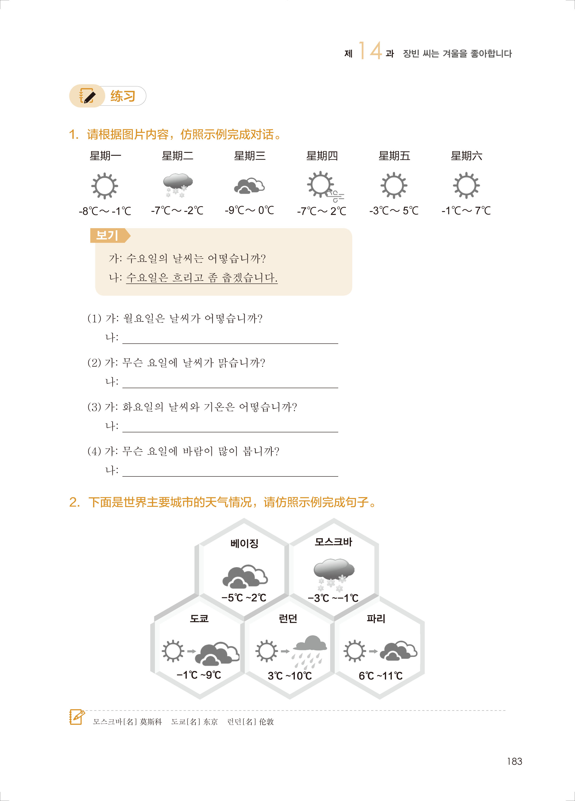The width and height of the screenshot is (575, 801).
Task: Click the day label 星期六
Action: (x=466, y=156)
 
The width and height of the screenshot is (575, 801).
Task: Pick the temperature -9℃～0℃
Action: (x=249, y=211)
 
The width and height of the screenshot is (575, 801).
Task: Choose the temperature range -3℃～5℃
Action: (x=394, y=211)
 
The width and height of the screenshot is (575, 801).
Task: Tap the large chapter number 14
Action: (x=370, y=50)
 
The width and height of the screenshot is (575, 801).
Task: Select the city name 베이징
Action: (x=244, y=544)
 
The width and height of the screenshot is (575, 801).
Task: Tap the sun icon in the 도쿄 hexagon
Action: (x=173, y=651)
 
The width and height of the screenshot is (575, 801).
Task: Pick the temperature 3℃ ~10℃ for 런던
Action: (x=290, y=676)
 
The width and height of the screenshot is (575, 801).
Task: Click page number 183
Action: (x=514, y=761)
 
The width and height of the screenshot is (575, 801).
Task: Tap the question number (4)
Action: (x=94, y=451)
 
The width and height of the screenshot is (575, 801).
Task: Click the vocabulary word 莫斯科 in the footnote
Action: (x=151, y=721)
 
